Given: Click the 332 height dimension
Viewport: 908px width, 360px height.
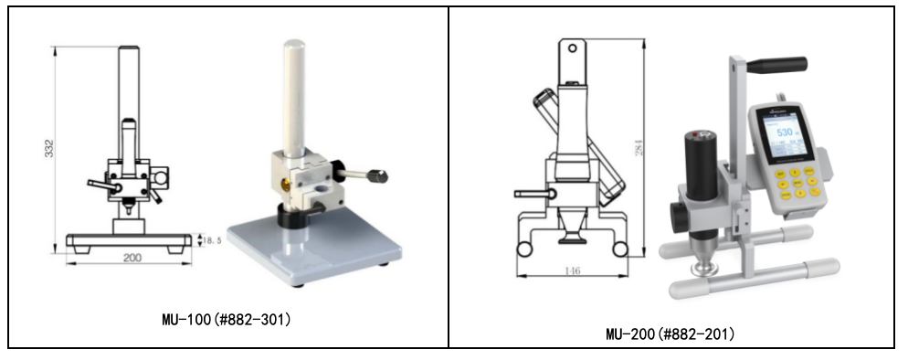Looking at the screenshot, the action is pos(49,148).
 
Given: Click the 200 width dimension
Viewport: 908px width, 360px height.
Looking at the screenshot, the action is pos(132,258).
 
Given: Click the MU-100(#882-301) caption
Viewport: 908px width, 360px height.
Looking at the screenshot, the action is pos(227,319).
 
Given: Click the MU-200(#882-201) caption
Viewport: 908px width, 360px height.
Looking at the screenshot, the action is pos(670,334).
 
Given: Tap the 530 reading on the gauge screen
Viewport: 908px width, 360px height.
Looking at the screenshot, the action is pos(785,132).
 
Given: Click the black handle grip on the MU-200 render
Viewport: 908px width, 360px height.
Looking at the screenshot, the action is pos(776,64).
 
